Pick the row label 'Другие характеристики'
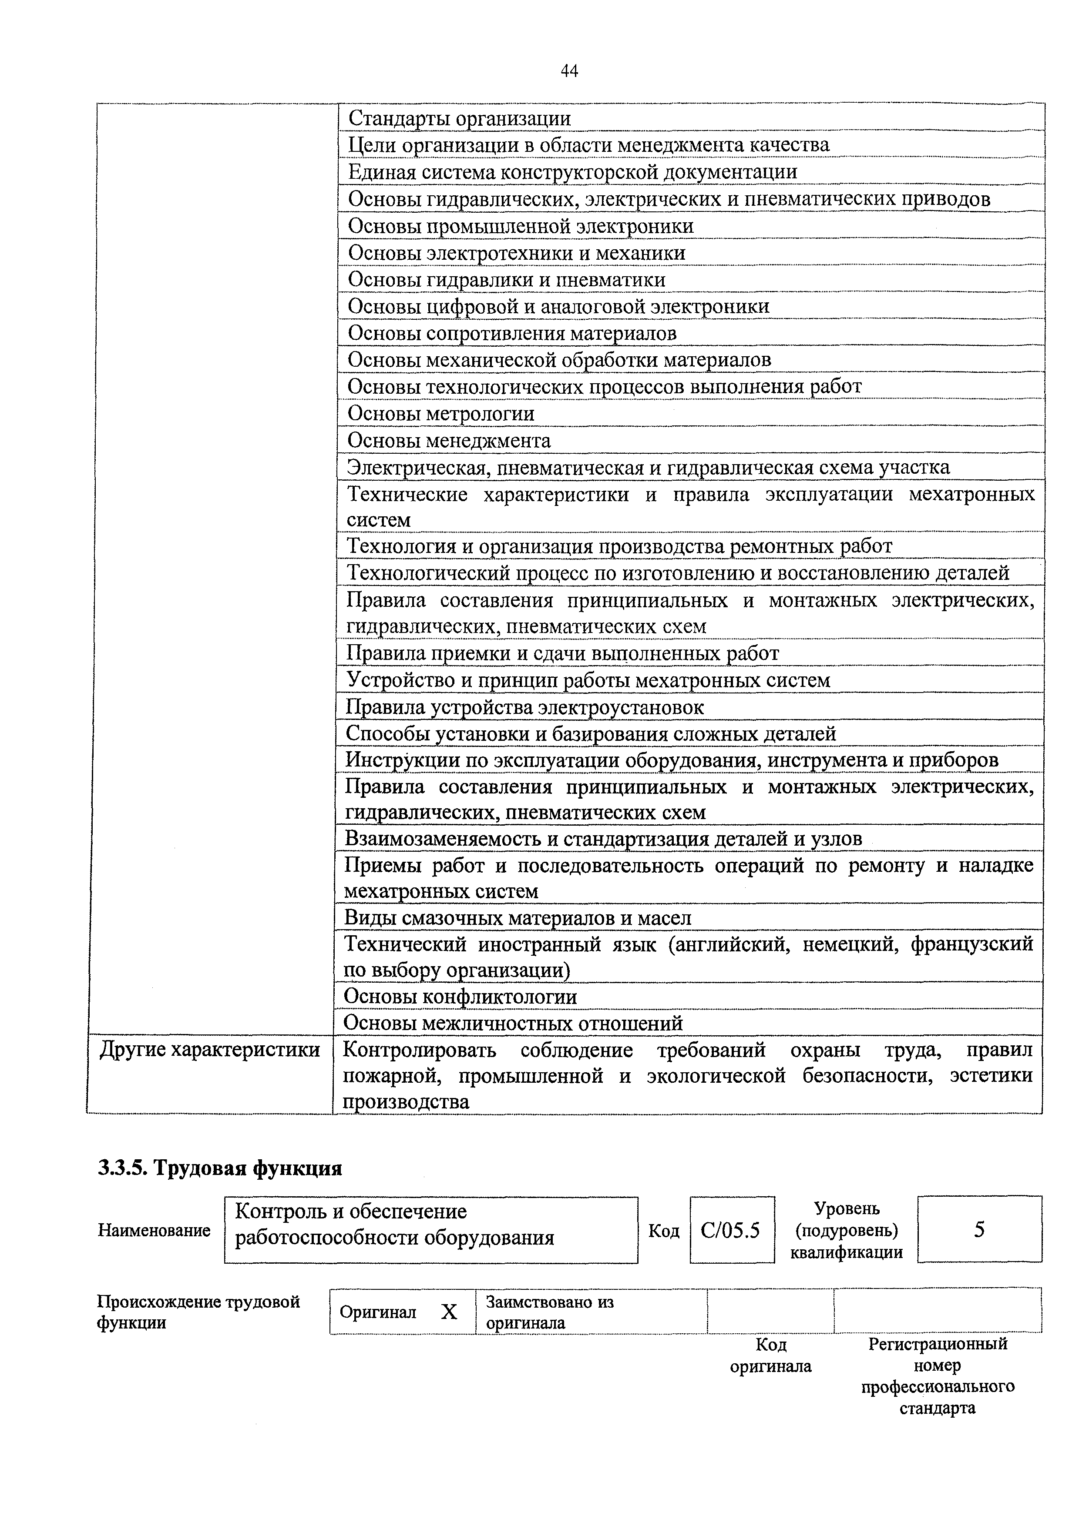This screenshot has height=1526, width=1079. tap(209, 1050)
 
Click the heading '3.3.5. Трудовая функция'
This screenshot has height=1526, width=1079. tap(219, 1168)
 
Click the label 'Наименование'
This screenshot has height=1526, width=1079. tap(154, 1230)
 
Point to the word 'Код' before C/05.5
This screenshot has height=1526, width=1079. tap(663, 1232)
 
